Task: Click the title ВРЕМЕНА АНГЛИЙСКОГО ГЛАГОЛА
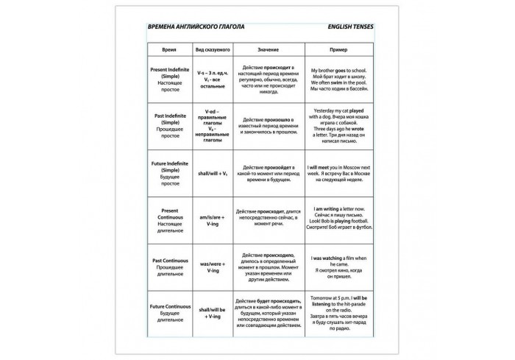click(x=196, y=27)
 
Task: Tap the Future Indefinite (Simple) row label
click(x=169, y=173)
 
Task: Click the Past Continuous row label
click(x=169, y=265)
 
